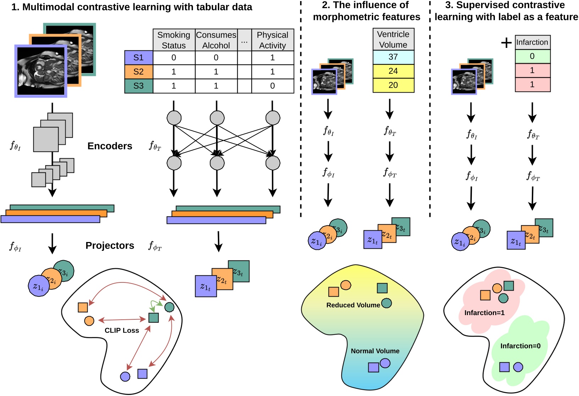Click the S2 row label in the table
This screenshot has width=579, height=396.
(x=138, y=72)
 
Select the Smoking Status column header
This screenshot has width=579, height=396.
(x=173, y=40)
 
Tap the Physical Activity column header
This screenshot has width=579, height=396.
(x=272, y=40)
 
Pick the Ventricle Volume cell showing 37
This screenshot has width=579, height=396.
(x=393, y=57)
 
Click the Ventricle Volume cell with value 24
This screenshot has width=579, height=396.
(x=393, y=71)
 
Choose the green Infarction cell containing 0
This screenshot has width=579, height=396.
(x=532, y=56)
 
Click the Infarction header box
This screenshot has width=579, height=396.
(x=532, y=42)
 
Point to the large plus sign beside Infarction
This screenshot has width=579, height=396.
(x=506, y=43)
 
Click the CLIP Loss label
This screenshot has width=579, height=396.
(x=122, y=330)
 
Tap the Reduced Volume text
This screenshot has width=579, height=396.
(x=353, y=305)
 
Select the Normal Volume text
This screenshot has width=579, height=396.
(x=375, y=351)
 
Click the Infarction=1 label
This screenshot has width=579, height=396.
(x=484, y=313)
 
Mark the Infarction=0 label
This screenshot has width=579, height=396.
(x=520, y=346)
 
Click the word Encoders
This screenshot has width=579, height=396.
(x=110, y=146)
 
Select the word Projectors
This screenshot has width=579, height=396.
(x=110, y=246)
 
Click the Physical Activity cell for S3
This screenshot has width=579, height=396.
(x=272, y=86)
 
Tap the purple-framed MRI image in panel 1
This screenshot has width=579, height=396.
(x=41, y=71)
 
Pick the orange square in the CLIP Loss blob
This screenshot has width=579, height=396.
(x=83, y=307)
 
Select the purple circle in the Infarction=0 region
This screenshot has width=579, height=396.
(x=518, y=367)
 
